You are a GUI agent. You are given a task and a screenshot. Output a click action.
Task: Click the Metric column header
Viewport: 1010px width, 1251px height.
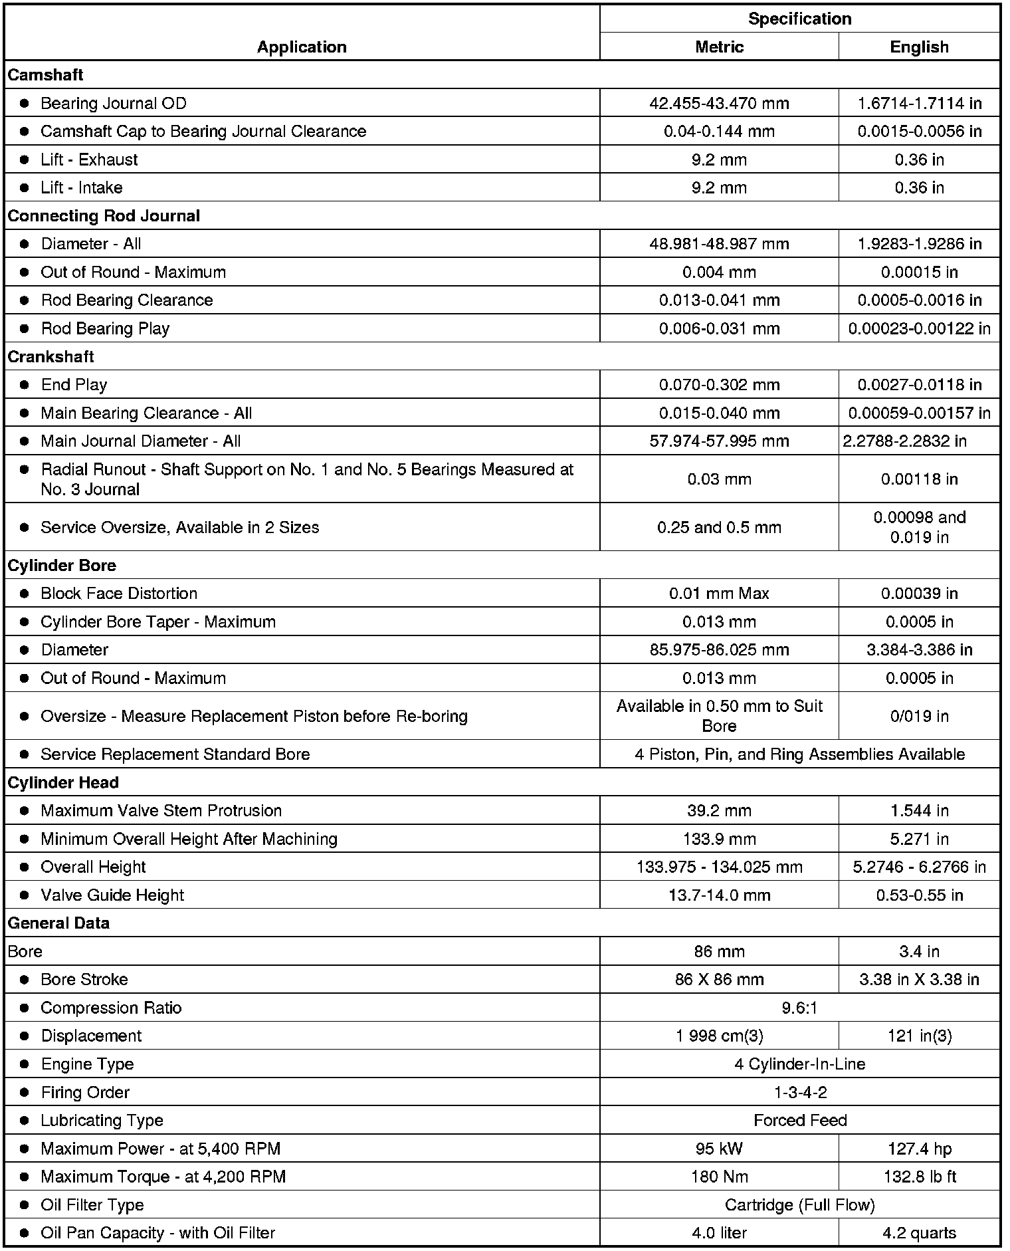coord(719,47)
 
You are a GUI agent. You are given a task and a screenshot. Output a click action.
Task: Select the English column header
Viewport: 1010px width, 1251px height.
coord(919,47)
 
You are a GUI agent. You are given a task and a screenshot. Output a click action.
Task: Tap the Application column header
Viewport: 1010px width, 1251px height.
coord(302,47)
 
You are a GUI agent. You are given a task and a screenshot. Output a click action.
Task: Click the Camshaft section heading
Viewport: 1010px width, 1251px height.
coord(45,75)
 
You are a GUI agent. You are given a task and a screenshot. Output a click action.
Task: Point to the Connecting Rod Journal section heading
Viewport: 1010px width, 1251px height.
coord(104,216)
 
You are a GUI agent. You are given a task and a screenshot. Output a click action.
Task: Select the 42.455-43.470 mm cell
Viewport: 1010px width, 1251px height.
coord(719,104)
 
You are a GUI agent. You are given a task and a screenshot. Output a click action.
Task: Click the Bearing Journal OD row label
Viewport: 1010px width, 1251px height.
coord(114,104)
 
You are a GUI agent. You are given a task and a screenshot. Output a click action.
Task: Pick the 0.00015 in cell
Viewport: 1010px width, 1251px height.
coord(919,273)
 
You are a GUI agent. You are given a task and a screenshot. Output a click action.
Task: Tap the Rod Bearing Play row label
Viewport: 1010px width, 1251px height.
coord(105,329)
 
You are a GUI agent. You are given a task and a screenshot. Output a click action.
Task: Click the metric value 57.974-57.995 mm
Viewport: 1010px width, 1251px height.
coord(719,441)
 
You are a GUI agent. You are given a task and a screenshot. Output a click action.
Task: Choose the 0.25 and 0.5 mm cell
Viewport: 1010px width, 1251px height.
coord(719,528)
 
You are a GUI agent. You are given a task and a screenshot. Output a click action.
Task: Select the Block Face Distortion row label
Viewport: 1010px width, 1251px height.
coord(119,594)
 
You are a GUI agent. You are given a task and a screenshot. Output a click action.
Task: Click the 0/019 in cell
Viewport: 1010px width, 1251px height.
coord(919,717)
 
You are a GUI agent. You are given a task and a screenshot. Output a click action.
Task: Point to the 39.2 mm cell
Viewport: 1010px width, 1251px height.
coord(719,811)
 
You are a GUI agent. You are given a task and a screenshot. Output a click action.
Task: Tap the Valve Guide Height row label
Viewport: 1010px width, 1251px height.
coord(112,895)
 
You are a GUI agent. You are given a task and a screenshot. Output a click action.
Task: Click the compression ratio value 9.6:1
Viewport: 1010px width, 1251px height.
coord(799,1008)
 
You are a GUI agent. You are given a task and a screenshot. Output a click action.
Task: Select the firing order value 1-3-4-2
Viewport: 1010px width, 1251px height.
coord(799,1093)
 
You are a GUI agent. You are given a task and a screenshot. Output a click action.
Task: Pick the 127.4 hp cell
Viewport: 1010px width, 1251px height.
coord(919,1149)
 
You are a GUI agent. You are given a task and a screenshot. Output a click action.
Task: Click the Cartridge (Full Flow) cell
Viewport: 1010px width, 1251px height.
coord(799,1205)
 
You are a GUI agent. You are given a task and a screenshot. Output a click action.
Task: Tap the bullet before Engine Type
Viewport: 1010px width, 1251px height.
coord(25,1064)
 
